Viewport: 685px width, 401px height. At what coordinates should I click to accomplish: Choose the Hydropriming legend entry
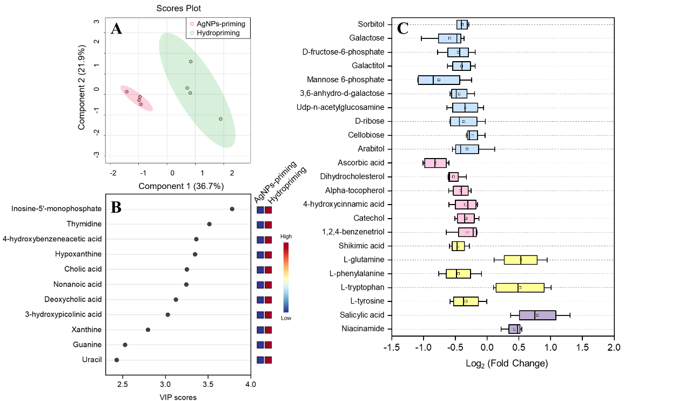pos(218,33)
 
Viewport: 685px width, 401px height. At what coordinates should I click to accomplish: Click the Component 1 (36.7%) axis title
pos(181,186)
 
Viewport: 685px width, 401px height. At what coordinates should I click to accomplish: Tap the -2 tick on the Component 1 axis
pos(113,173)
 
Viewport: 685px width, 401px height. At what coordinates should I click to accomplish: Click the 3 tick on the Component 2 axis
pos(96,22)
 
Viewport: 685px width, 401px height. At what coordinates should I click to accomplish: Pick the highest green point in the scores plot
pos(191,62)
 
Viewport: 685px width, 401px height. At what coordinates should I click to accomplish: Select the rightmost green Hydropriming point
pos(220,119)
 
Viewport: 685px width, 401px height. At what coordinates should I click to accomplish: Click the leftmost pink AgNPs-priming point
pos(127,92)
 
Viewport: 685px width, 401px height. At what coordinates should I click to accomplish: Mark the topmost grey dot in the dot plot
pos(232,209)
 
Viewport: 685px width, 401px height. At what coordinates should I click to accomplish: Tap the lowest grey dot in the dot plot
pos(117,360)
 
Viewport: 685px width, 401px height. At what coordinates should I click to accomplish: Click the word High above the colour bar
pos(286,236)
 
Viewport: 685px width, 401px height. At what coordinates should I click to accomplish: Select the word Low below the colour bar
pos(286,318)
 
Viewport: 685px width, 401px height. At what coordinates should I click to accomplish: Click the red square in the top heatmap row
pos(268,209)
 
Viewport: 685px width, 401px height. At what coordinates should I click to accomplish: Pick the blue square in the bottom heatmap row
pos(260,360)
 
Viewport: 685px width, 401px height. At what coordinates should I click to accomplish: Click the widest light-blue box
pos(439,80)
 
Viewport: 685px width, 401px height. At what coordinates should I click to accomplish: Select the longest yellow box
pos(520,287)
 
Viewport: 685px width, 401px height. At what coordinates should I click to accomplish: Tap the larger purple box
pos(537,315)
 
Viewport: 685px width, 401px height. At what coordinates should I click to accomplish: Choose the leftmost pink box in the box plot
pos(435,163)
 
